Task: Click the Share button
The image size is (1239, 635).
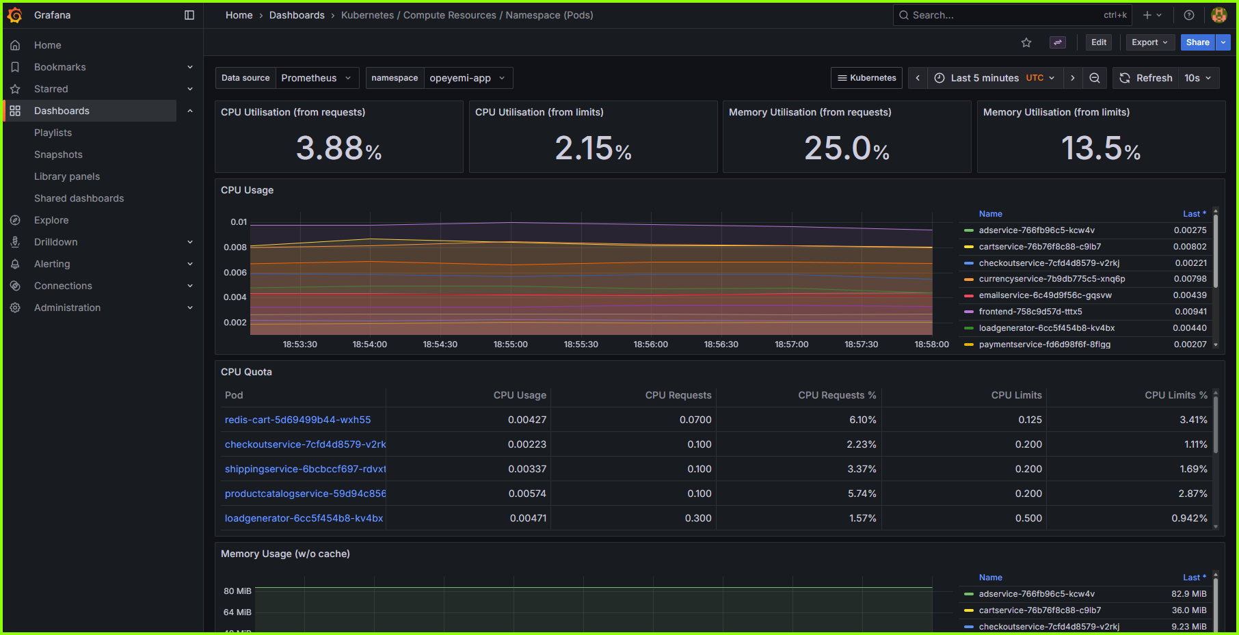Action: (1197, 42)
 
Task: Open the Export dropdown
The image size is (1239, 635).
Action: (1149, 42)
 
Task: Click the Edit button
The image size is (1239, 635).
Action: (1098, 42)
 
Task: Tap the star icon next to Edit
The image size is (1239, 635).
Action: (1026, 42)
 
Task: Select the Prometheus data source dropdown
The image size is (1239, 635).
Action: (317, 78)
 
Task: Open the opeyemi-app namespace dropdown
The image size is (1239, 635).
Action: (467, 78)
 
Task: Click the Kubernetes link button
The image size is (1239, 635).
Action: (866, 78)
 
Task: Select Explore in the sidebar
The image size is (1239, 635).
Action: (51, 220)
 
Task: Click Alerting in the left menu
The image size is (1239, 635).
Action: (52, 264)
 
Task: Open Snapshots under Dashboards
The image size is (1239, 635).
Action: (58, 154)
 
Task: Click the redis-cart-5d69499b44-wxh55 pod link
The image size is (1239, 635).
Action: (297, 420)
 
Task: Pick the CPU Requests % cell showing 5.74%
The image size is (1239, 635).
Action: (862, 494)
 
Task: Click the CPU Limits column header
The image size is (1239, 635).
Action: (1016, 395)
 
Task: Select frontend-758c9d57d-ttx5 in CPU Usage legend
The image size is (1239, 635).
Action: (1030, 312)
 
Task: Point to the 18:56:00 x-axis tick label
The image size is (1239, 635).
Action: (650, 344)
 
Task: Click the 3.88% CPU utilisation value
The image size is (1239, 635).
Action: (338, 148)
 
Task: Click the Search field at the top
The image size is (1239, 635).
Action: (1005, 15)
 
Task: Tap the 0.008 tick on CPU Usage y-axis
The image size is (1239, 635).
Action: (235, 247)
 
